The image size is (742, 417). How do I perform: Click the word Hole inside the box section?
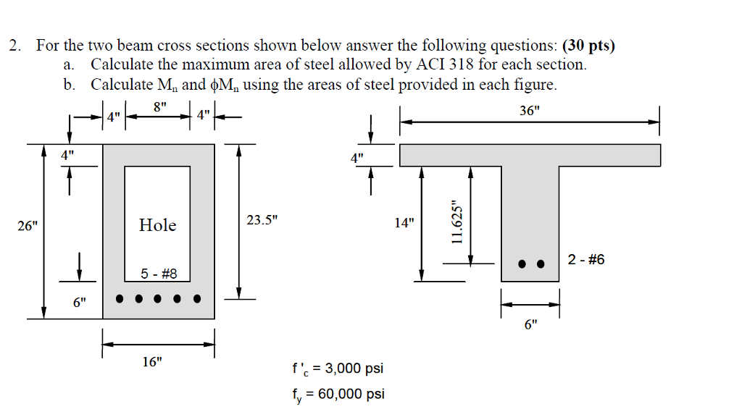pos(157,225)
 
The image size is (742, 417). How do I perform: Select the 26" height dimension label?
pos(28,226)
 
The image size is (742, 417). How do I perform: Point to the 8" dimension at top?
pos(160,106)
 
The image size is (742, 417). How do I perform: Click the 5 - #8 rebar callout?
pos(155,274)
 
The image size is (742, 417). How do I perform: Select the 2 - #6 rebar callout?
pos(586,260)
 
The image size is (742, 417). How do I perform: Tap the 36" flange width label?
pos(530,111)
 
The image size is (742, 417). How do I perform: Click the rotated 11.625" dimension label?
pos(457,224)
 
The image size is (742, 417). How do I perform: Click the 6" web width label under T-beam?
pos(531,325)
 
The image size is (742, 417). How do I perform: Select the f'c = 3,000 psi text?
pos(337,369)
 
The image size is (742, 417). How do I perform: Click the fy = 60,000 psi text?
pos(337,395)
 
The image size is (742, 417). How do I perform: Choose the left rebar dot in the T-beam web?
pos(522,264)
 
